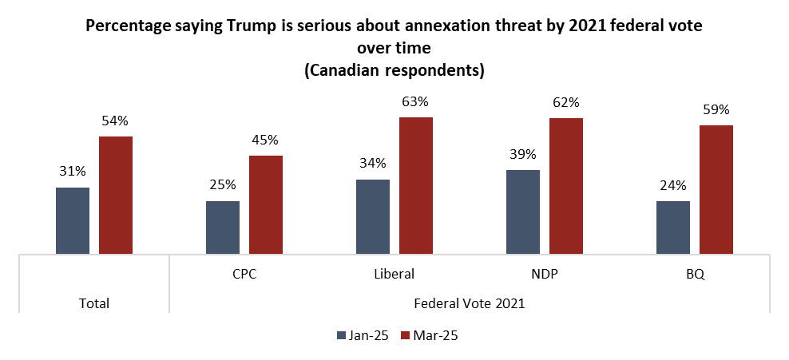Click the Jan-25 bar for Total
point(73,221)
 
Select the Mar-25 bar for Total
point(116,196)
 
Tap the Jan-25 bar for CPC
point(223,227)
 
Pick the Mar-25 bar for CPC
point(266,205)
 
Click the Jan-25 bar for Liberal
point(373,217)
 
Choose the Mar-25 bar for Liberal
point(416,186)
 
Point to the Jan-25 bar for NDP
point(523,212)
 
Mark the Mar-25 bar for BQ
point(716,190)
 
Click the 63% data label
point(416,102)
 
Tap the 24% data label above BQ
point(673,185)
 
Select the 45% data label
point(266,140)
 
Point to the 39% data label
point(523,154)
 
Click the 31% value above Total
point(73,172)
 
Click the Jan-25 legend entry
point(361,335)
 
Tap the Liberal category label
point(394,273)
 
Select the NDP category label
point(545,273)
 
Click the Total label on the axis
point(94,303)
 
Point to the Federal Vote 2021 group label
point(470,303)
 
